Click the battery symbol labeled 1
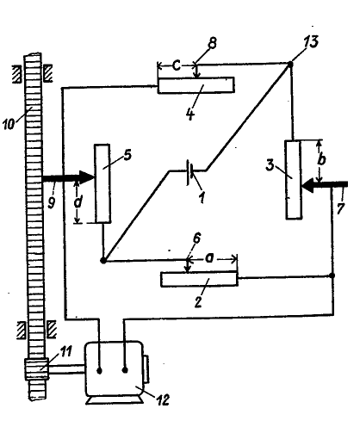tap(189, 172)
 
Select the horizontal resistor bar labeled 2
tap(199, 279)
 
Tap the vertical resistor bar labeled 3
tap(293, 180)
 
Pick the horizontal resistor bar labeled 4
tap(196, 85)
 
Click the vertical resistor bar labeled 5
tap(102, 183)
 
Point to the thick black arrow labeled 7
tap(326, 185)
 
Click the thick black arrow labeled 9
tap(69, 177)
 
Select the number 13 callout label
tap(311, 41)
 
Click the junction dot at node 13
tap(290, 65)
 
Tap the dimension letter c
tap(177, 66)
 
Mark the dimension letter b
tap(321, 159)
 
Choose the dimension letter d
tap(78, 201)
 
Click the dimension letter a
tap(209, 258)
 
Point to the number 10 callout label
tap(9, 124)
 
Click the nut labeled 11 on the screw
tap(36, 368)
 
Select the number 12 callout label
tap(163, 399)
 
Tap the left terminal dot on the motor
tap(99, 371)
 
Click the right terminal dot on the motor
tap(125, 370)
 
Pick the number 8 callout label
tap(212, 43)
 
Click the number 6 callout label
tap(197, 238)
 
